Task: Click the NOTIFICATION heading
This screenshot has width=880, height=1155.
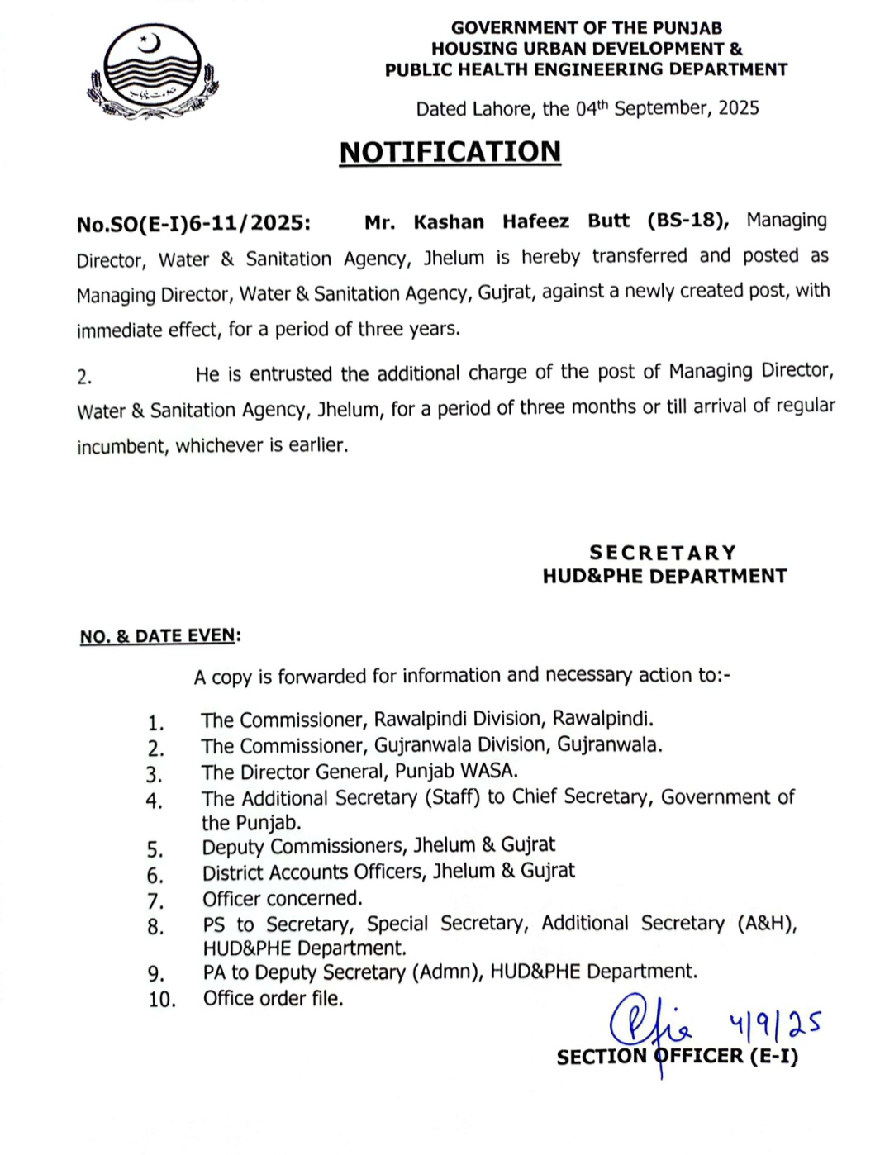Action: click(x=450, y=152)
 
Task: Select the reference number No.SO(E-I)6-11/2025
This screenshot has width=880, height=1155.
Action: click(x=193, y=224)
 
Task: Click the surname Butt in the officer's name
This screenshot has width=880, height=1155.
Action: click(x=608, y=221)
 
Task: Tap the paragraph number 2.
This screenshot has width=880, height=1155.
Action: click(x=83, y=378)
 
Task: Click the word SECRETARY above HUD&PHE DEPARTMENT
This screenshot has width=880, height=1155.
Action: click(x=663, y=553)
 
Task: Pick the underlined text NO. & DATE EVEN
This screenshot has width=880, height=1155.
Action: click(x=158, y=636)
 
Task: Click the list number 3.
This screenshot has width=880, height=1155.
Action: click(x=155, y=775)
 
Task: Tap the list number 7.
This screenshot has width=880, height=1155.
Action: click(x=155, y=901)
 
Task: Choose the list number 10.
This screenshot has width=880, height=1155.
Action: click(x=162, y=1000)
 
